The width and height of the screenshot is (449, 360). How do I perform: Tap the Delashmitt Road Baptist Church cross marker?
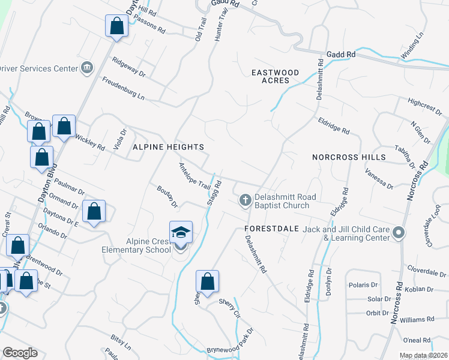(x=245, y=200)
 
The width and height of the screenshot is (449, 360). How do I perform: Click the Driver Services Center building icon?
(x=87, y=67)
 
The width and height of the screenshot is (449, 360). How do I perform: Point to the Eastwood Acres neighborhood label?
(x=270, y=76)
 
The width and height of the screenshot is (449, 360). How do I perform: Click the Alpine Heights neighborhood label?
(x=168, y=147)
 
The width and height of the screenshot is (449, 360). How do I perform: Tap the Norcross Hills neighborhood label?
(x=349, y=157)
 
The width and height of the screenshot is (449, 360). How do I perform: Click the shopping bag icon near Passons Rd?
(x=116, y=26)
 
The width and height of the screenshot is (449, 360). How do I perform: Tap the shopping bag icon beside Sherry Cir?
(x=207, y=281)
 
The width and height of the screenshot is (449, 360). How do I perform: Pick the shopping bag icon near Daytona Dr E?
(x=94, y=211)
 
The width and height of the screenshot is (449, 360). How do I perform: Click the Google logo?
(x=20, y=353)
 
